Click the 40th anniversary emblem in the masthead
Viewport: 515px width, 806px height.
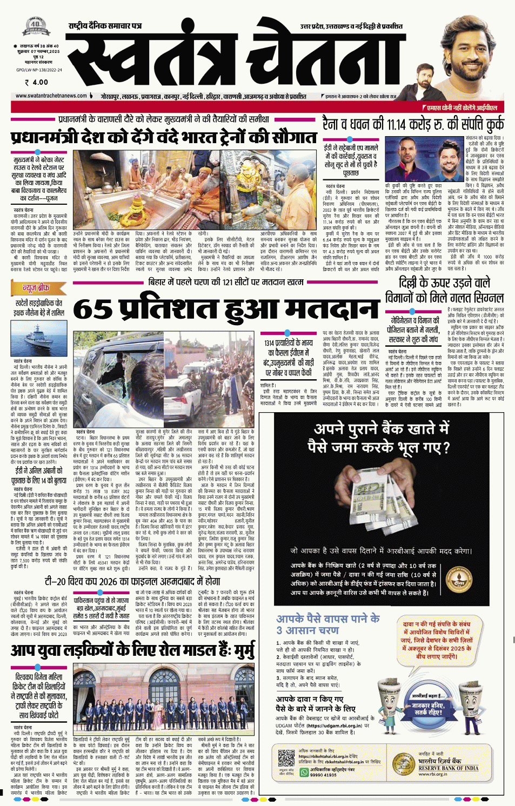pyautogui.click(x=36, y=25)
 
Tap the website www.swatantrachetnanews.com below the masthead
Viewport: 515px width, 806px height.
pyautogui.click(x=51, y=96)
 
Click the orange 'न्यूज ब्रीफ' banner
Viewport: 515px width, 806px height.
pyautogui.click(x=36, y=288)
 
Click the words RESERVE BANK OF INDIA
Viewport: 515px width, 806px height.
pyautogui.click(x=448, y=768)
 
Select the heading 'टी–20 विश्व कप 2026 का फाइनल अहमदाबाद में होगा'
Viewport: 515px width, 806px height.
pyautogui.click(x=132, y=581)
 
